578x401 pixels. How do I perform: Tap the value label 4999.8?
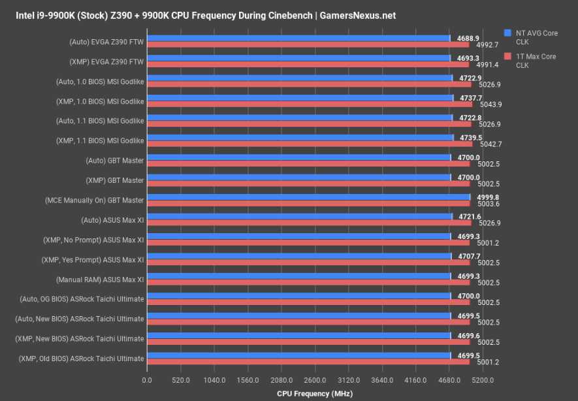pyautogui.click(x=481, y=197)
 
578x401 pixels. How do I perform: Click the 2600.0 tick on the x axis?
pyautogui.click(x=315, y=380)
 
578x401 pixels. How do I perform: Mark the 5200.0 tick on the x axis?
pyautogui.click(x=483, y=380)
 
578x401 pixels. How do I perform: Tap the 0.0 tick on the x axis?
pyautogui.click(x=147, y=380)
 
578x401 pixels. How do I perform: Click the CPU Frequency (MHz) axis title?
pyautogui.click(x=315, y=393)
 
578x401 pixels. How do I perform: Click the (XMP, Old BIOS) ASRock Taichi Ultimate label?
pyautogui.click(x=81, y=359)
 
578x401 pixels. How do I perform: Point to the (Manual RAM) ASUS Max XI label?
pyautogui.click(x=95, y=280)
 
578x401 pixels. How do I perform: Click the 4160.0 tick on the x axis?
pyautogui.click(x=415, y=380)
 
